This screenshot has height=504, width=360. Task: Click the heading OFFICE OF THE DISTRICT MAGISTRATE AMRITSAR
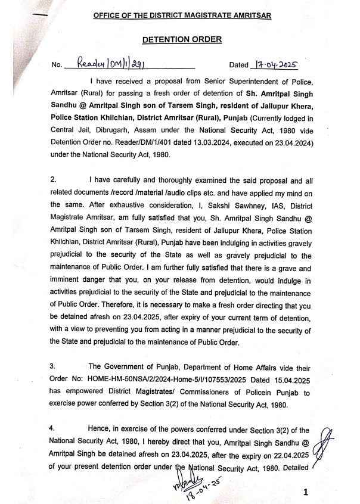[x=182, y=14]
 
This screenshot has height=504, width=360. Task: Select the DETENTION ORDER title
[x=182, y=39]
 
